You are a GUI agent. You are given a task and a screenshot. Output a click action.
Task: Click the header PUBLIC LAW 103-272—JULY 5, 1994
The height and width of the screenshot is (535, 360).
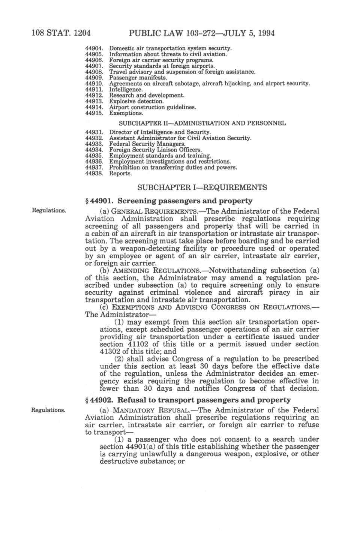201,33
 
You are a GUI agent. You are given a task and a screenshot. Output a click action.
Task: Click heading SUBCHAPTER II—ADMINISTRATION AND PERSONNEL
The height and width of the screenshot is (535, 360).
202,123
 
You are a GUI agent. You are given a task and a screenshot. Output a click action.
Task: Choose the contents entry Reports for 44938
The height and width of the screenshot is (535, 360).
120,174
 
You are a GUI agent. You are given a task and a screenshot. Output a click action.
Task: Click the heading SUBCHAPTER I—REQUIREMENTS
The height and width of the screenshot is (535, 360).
202,187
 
